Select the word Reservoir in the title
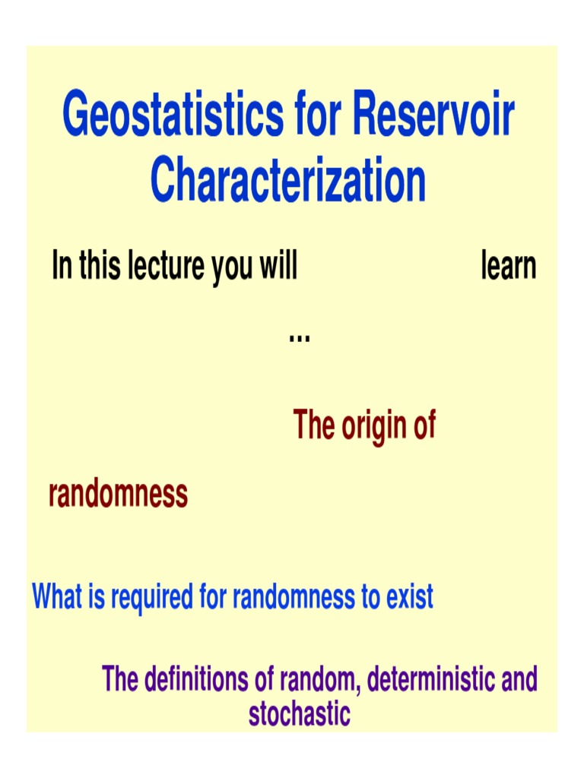tap(433, 115)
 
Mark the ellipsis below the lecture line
tap(299, 335)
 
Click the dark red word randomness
tap(118, 494)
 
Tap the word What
tap(57, 598)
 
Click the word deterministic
tap(420, 678)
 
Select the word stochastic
tap(299, 714)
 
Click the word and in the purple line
tap(519, 678)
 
